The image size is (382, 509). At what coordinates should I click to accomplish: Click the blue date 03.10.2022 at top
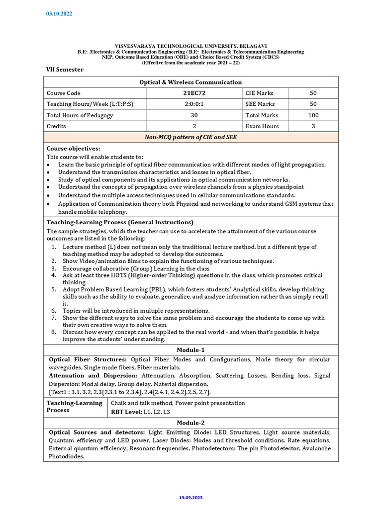point(59,14)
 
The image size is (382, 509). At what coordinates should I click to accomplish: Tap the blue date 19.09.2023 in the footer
point(191,497)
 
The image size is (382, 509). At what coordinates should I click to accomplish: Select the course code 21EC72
point(191,93)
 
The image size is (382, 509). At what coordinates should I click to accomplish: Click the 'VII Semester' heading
point(65,70)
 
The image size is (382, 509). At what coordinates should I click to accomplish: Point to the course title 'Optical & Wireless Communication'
point(191,82)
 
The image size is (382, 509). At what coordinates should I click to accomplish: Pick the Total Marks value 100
point(313,115)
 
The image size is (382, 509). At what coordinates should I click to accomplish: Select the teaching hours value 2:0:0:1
point(191,104)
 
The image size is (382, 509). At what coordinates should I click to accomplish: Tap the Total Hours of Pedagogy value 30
point(191,115)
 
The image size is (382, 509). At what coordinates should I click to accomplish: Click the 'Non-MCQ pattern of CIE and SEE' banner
point(191,137)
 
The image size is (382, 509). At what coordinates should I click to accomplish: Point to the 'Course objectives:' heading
point(73,149)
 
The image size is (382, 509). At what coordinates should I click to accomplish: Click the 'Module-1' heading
point(191,350)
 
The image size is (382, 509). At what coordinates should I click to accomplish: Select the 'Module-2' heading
point(191,422)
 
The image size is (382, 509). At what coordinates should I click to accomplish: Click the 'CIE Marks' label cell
point(259,93)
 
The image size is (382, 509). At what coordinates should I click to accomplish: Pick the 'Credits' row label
point(57,126)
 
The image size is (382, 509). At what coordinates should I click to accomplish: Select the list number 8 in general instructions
point(54,332)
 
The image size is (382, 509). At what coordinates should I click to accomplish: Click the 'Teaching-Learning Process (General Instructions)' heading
point(120,222)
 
